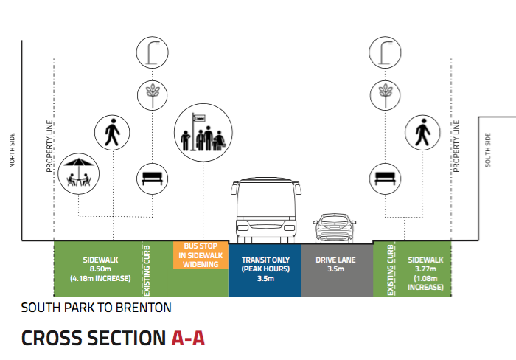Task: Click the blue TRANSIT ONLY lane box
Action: coord(264,270)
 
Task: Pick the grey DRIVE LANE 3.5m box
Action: coord(336,270)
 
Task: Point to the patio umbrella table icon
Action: coord(78,173)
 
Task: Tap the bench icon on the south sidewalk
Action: coord(386,177)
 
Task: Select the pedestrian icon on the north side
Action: coord(112,134)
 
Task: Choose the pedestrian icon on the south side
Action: coord(422,134)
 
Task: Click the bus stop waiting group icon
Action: coord(203,133)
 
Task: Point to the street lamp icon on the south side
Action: coord(384,52)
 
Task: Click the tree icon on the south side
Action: coord(384,93)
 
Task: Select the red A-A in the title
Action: coord(187,339)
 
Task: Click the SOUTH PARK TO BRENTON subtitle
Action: coord(96,307)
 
